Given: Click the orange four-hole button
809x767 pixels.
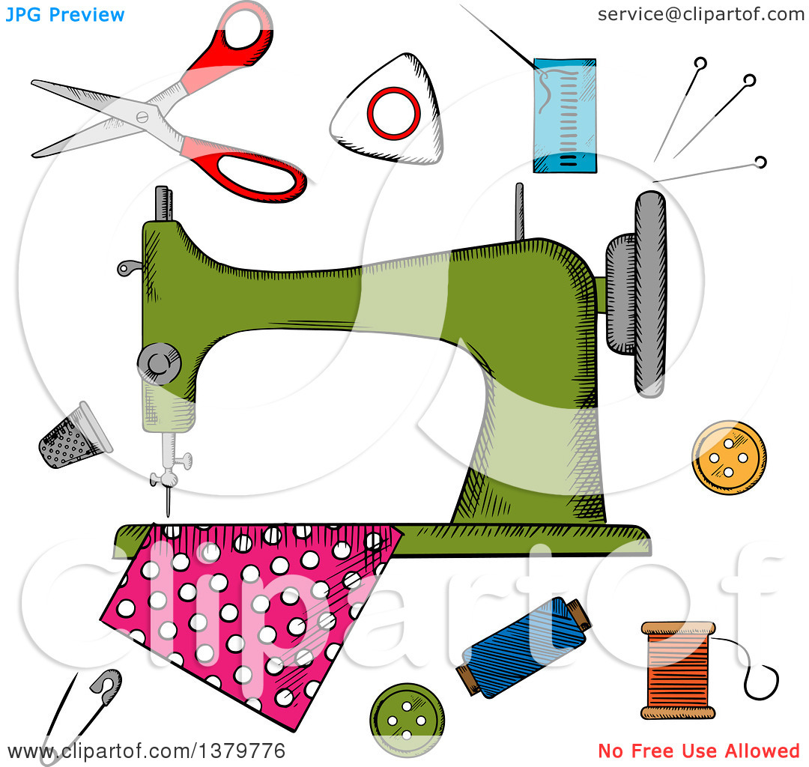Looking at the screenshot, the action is [x=729, y=458].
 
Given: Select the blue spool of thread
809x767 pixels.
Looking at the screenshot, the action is [x=524, y=647].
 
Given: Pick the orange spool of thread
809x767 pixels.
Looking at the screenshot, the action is [x=678, y=670].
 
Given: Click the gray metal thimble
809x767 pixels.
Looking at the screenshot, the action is [x=75, y=436].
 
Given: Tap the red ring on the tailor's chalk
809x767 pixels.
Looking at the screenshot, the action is [x=394, y=113].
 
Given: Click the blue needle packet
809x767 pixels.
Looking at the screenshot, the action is [x=565, y=115].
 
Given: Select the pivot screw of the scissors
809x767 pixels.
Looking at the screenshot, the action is [x=142, y=117].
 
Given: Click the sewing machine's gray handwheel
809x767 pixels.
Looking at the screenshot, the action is [x=649, y=294].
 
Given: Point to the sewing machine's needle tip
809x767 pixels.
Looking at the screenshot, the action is [x=168, y=515].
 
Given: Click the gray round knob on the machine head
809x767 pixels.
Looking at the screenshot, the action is [x=159, y=363].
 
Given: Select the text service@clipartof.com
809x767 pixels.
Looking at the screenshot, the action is [x=701, y=14].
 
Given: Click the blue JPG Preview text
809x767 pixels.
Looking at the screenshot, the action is [x=64, y=15].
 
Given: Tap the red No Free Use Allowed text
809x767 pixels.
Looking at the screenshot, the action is [x=699, y=751].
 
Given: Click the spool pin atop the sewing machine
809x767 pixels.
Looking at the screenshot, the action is [x=520, y=211].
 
